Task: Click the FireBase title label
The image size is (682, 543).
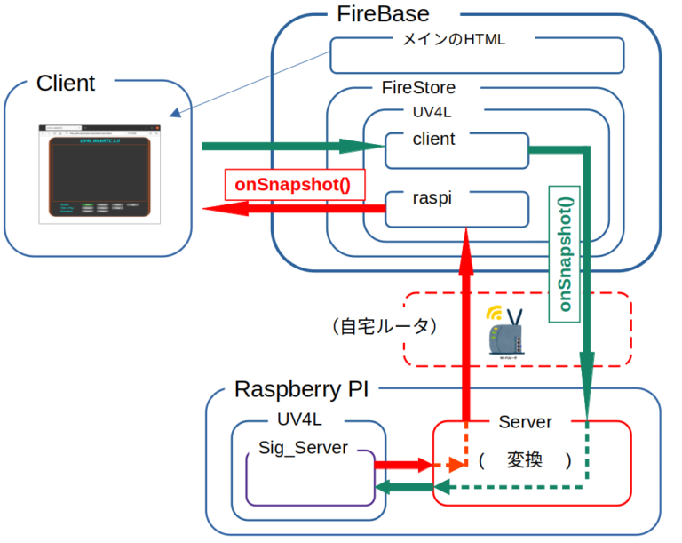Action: [x=383, y=14]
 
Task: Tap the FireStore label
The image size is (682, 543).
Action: [x=418, y=88]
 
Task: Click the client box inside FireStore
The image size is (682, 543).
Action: [x=456, y=149]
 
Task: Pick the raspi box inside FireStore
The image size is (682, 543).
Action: [x=456, y=209]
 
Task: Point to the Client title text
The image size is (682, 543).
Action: [x=66, y=84]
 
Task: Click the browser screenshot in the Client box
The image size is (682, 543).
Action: [x=99, y=173]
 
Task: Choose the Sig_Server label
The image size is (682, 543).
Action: [x=303, y=448]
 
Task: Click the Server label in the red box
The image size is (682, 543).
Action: [x=525, y=422]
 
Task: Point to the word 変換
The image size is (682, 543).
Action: [x=524, y=461]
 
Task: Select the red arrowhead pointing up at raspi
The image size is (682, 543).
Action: [x=464, y=237]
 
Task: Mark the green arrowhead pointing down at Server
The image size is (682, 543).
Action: [x=587, y=364]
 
